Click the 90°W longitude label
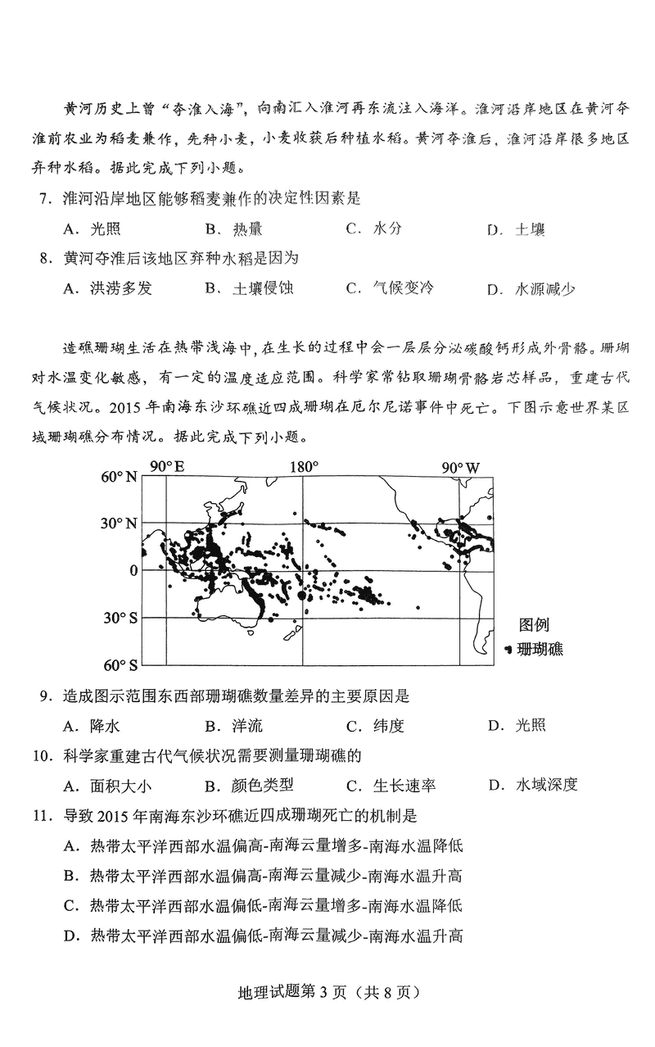pos(461,468)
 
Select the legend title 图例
pos(534,627)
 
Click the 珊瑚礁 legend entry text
pos(540,650)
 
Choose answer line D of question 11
pos(263,936)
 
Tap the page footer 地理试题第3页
pos(327,993)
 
